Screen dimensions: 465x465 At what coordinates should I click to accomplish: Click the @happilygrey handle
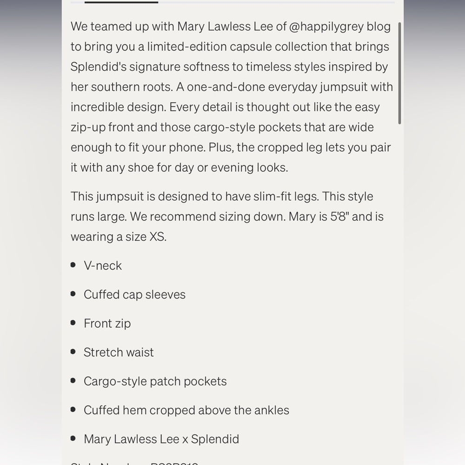pos(326,27)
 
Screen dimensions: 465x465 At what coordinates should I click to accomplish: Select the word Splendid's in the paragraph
pos(98,67)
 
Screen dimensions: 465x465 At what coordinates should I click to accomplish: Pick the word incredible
pos(95,107)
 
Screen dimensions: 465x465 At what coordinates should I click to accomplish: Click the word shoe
pos(141,167)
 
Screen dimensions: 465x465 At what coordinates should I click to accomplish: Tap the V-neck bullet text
pos(103,266)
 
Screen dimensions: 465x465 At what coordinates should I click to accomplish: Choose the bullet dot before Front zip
pos(73,323)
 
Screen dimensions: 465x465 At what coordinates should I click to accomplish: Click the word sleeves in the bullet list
pos(166,294)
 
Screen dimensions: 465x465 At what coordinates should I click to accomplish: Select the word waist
pos(139,352)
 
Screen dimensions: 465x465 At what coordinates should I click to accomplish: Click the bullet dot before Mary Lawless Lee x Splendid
pos(73,438)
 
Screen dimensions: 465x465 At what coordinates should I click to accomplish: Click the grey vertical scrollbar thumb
pos(399,73)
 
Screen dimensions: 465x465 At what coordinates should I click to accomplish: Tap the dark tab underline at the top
pos(121,2)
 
